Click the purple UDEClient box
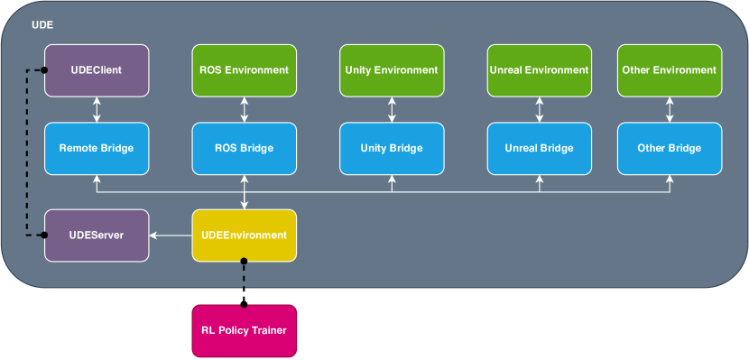[x=97, y=70]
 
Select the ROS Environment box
[x=244, y=70]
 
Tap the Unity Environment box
[x=392, y=70]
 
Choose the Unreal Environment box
[x=540, y=70]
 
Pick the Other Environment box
[x=670, y=70]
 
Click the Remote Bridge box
[x=97, y=149]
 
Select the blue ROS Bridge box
[x=244, y=149]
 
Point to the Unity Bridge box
[x=392, y=149]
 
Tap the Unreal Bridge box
[x=540, y=149]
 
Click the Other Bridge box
[x=670, y=149]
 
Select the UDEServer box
[x=97, y=235]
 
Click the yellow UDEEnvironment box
[x=244, y=235]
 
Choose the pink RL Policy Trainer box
[x=244, y=331]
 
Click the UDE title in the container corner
[x=42, y=25]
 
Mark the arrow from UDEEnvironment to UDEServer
[x=171, y=235]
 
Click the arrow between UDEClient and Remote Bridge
[x=97, y=110]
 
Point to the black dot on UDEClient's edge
[x=44, y=70]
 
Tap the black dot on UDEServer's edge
[x=44, y=235]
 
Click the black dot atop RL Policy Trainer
[x=244, y=304]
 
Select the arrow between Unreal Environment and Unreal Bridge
[x=540, y=110]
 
